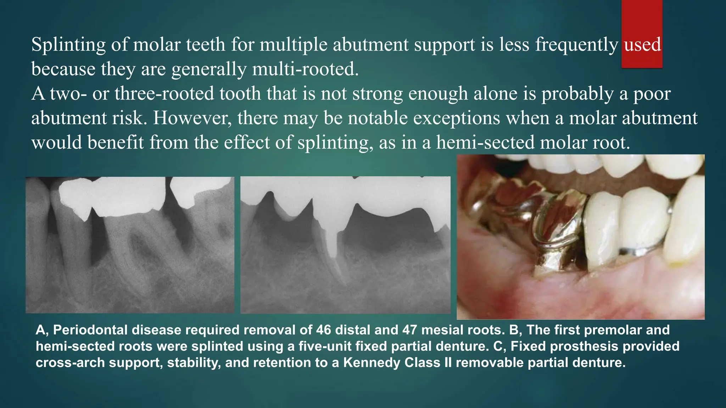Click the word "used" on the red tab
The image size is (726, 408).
pos(642,45)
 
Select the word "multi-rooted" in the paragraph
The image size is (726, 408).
pos(305,69)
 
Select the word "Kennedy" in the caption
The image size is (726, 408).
pos(372,363)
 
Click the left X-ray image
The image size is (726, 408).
pos(130,245)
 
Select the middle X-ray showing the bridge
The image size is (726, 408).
pos(345,245)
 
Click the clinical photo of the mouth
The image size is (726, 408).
pos(580,237)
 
